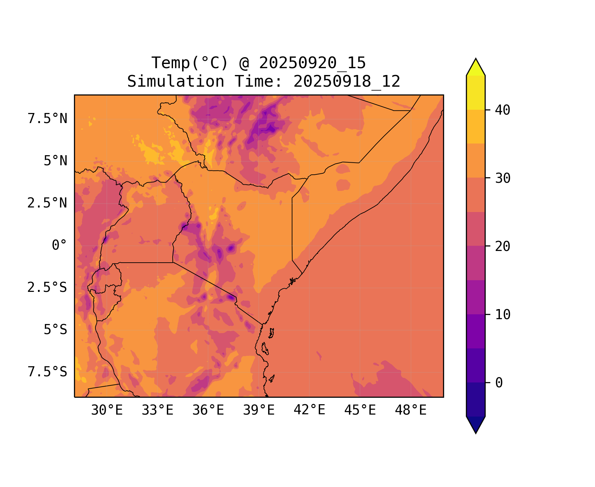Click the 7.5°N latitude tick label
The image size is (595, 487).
(47, 119)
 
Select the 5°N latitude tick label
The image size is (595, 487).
(56, 161)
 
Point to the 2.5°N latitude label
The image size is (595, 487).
(47, 203)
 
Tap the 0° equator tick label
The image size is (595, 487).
(59, 245)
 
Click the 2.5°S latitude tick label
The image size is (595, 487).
(47, 287)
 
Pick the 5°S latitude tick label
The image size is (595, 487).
(56, 330)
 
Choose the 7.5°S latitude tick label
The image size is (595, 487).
(47, 372)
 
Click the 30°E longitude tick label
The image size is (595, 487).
(107, 410)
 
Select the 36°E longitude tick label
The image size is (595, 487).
(208, 410)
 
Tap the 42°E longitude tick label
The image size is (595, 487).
(309, 410)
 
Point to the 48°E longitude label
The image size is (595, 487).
(411, 410)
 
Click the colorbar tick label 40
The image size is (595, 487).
(503, 110)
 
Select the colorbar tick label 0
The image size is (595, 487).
(499, 383)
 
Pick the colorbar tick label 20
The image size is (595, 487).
(503, 246)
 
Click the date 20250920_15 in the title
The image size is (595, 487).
(312, 63)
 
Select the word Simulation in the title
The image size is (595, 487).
(176, 81)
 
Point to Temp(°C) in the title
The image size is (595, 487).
(190, 63)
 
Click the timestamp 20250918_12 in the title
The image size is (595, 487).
(347, 81)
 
